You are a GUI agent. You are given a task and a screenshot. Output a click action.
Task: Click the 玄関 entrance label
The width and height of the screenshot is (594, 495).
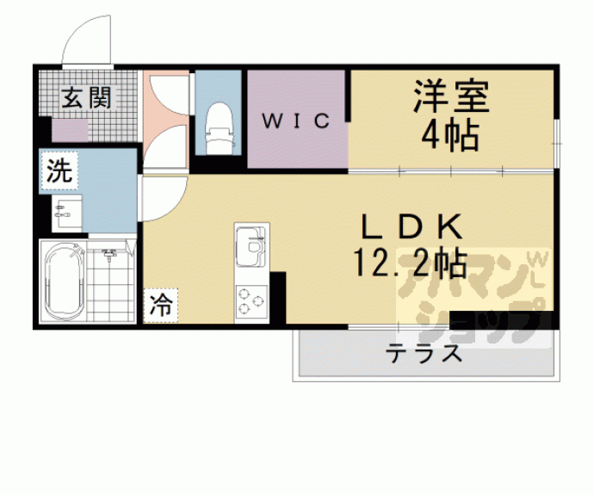[86, 97]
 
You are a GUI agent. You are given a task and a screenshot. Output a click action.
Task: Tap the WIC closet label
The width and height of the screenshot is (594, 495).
[296, 121]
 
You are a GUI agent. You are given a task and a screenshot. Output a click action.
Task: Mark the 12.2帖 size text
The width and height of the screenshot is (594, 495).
[411, 263]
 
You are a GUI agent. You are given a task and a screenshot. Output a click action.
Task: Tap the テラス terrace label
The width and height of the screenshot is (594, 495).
[425, 354]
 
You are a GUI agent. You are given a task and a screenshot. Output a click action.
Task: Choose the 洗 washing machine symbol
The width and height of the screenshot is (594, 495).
[58, 170]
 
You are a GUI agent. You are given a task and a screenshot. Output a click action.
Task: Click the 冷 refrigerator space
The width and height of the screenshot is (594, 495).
[161, 303]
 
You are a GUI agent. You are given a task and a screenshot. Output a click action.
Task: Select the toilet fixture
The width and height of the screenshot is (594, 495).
[219, 125]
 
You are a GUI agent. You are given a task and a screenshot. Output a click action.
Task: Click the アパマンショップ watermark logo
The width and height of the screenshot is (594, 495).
[472, 293]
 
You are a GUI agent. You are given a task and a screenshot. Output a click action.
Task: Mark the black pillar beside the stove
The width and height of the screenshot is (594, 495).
[278, 296]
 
